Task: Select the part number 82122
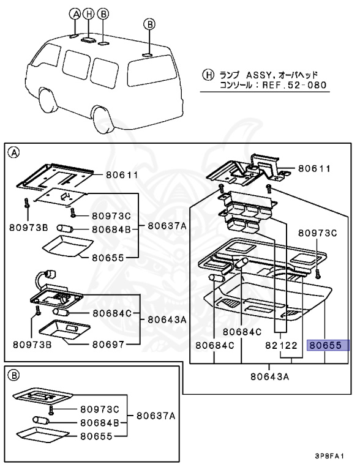[281, 346]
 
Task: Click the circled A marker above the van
[75, 13]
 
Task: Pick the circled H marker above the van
[89, 13]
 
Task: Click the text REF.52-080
[296, 85]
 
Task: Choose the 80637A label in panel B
[156, 416]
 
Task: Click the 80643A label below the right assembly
[269, 376]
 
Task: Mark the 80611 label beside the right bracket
[314, 168]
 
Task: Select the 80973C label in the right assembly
[318, 233]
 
